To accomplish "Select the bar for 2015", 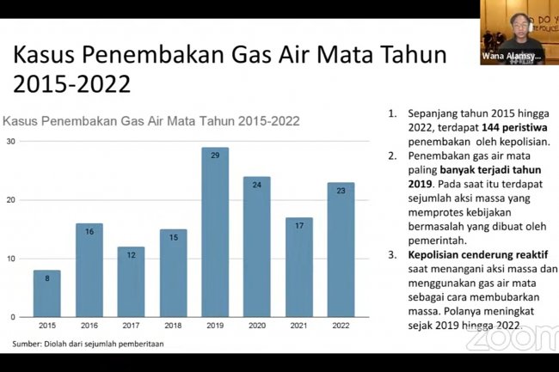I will (x=47, y=293).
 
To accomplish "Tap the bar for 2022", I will (x=341, y=249).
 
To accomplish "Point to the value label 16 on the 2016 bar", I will (x=89, y=231).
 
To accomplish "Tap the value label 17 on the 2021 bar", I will (x=298, y=225).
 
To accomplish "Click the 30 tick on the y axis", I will (x=9, y=142).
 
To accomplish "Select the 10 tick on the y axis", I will (x=9, y=259).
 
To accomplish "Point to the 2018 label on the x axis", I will (x=173, y=326).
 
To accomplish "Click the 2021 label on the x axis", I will (x=298, y=326).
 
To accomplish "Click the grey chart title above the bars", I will (x=151, y=120).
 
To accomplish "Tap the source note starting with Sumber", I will (x=85, y=344).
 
